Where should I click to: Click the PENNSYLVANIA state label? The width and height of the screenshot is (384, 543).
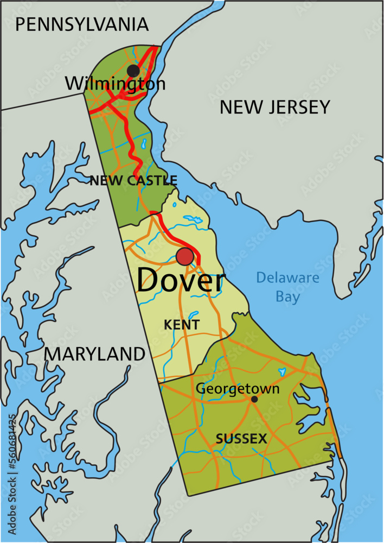pos(81,24)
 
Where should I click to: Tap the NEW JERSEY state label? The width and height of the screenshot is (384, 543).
pos(274,107)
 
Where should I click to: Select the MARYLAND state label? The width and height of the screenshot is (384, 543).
pos(94,354)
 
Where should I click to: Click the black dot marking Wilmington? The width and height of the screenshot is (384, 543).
pos(133,71)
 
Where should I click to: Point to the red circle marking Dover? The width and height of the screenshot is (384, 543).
pos(185,256)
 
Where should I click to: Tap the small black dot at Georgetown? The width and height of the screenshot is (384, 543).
pos(254,399)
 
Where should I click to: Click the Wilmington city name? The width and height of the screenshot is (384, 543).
pos(115,84)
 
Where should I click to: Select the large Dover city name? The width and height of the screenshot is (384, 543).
pos(180,281)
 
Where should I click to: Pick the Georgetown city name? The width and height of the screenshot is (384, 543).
pos(238,388)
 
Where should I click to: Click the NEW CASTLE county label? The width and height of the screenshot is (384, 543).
pos(133,180)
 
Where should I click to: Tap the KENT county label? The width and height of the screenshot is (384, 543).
pos(182,325)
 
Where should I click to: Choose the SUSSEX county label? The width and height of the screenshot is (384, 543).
pos(241,439)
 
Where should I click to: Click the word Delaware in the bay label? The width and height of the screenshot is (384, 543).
pos(287,278)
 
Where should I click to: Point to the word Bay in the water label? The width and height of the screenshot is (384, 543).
pos(287,297)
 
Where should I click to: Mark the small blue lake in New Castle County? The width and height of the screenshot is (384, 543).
pos(144,144)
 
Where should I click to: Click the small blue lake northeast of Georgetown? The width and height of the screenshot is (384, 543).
pos(282,372)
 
